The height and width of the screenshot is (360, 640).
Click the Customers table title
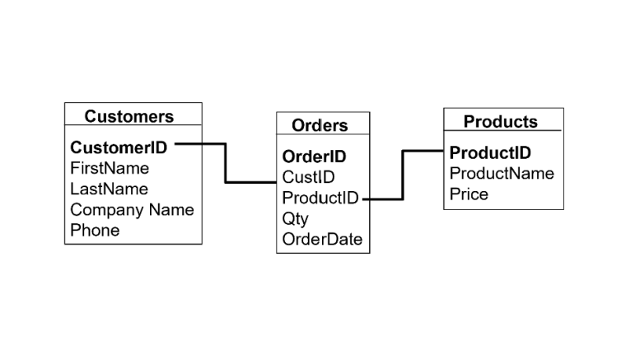coord(128,116)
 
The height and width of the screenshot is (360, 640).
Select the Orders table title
coord(320,125)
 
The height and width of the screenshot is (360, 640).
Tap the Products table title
coord(500,122)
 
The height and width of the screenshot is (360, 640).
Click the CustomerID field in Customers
coord(119,147)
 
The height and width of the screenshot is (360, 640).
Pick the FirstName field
coord(110,168)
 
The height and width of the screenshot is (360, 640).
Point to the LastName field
coord(109,189)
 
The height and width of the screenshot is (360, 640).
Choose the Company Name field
coord(132,209)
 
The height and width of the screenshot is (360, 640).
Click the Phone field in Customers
coord(95,230)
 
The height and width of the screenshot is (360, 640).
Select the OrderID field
coord(314,157)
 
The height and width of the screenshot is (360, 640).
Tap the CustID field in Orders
coord(308,177)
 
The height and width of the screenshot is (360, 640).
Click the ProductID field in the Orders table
coord(320,198)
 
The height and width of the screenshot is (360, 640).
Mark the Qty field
coord(295,218)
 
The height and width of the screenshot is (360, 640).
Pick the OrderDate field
coord(322,239)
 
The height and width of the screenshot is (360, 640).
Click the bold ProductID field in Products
coord(490,153)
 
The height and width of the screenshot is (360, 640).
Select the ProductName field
coord(502,173)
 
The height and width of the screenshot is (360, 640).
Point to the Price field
coord(469,194)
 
